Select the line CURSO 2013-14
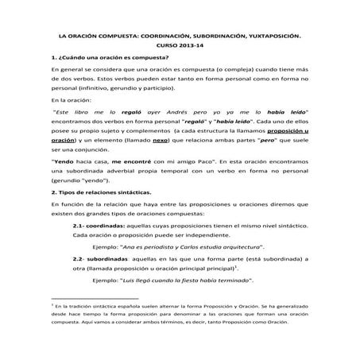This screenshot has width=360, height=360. [x=180, y=46]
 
